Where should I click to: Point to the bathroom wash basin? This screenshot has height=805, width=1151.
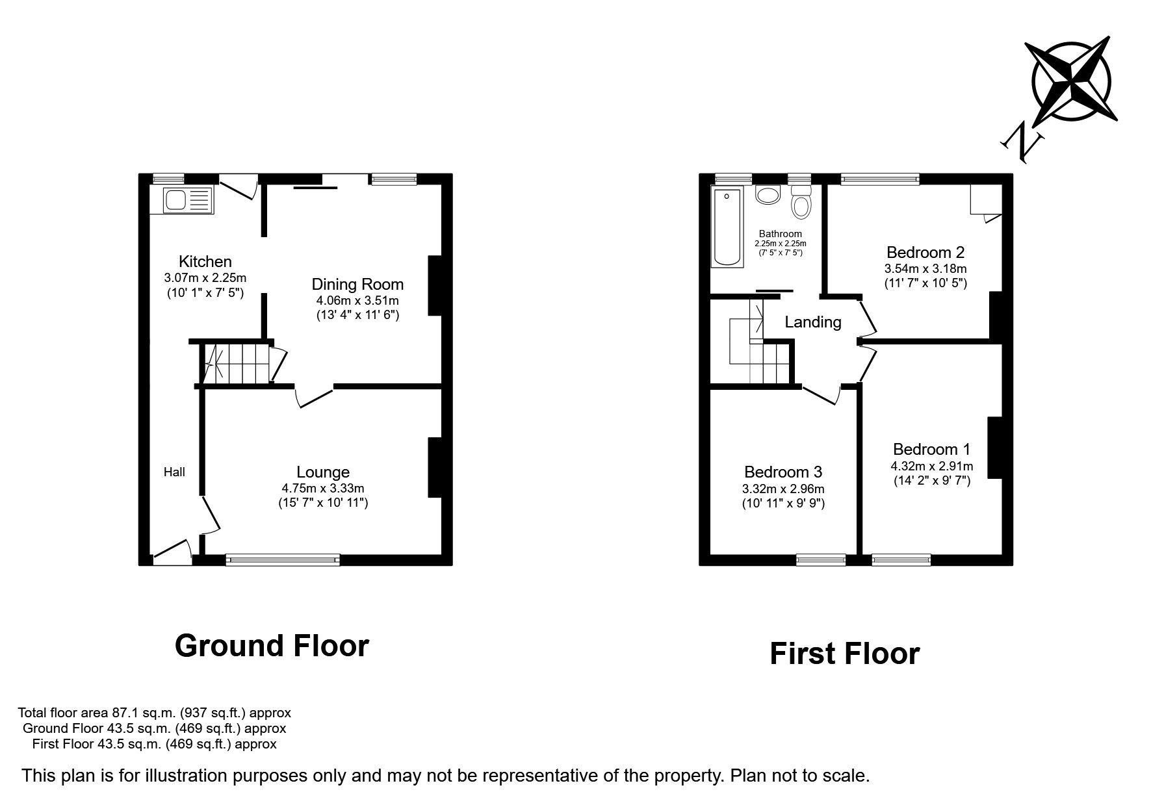(x=768, y=195)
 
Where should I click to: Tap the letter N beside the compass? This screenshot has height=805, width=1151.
(x=1023, y=144)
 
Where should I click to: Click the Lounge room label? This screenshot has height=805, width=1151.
(x=323, y=472)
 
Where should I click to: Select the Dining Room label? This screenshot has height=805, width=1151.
(x=357, y=284)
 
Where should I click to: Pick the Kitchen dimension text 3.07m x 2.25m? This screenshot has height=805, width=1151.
(x=205, y=278)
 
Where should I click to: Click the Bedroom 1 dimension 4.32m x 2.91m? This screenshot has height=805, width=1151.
(x=931, y=466)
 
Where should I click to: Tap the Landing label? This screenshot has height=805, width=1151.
(x=813, y=322)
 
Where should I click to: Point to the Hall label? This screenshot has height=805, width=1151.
(x=174, y=472)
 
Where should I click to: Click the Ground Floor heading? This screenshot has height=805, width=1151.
(x=272, y=646)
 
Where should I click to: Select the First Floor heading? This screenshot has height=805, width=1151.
(x=845, y=654)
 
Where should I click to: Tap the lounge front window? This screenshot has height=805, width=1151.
(x=283, y=559)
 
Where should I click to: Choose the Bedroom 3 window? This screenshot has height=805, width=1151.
(x=821, y=559)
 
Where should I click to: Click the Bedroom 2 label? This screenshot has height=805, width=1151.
(x=925, y=252)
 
